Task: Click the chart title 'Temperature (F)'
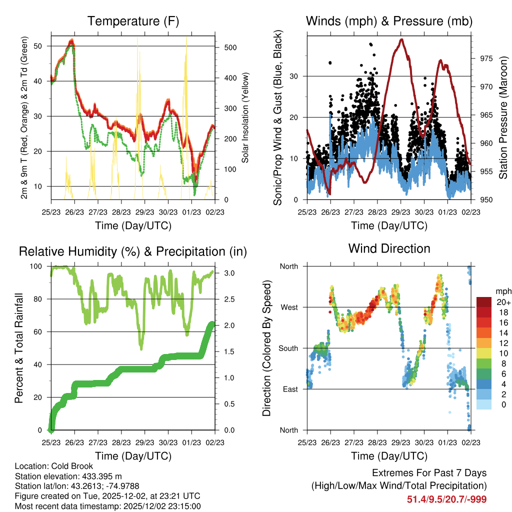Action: tap(133, 21)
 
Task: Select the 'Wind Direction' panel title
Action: tap(389, 248)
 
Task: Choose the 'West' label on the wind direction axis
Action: tap(288, 307)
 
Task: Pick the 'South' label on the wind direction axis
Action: tap(287, 348)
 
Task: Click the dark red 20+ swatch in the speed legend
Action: tap(483, 302)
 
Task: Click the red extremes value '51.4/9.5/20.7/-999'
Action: tap(447, 499)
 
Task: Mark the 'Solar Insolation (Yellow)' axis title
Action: tap(245, 117)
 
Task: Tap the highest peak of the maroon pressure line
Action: tap(401, 39)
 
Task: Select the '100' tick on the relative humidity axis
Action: tap(38, 266)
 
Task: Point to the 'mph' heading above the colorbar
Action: tap(502, 291)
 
